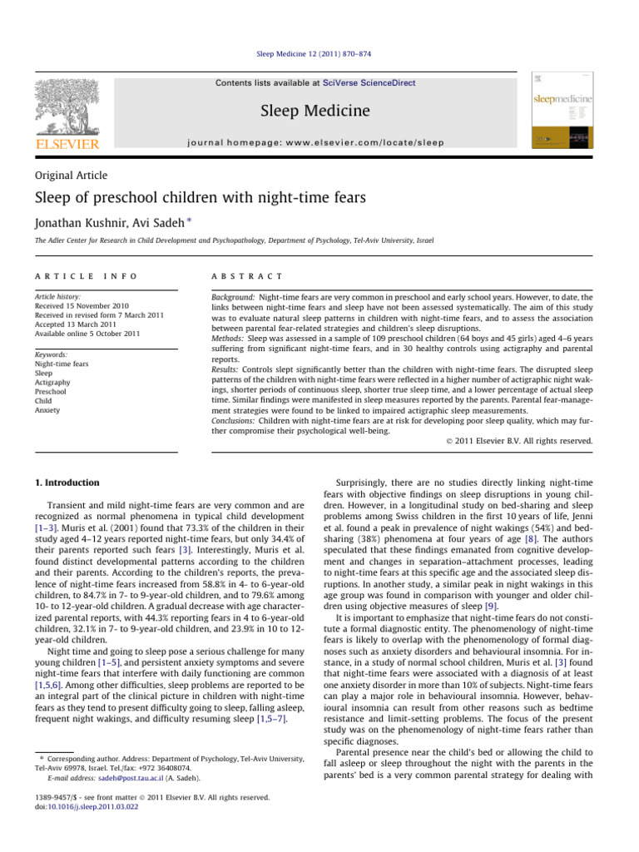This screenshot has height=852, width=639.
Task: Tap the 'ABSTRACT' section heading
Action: coord(248,275)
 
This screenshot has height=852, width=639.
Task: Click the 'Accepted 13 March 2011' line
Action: coord(71,324)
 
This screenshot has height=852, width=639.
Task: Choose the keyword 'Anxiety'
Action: coord(47,409)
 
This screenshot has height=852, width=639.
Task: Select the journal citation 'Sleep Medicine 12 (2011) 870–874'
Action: coord(319,53)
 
